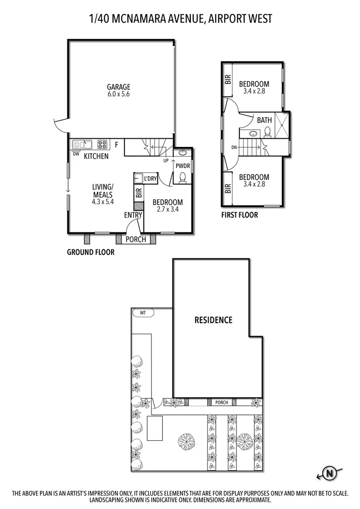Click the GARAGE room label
(118, 87)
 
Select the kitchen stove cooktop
(102, 144)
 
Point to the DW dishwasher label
(75, 154)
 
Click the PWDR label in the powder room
(182, 166)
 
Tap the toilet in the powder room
(182, 178)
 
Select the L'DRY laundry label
(150, 179)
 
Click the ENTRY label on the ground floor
(133, 215)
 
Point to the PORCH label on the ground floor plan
(136, 239)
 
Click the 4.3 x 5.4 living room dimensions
(102, 202)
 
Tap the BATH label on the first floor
(264, 120)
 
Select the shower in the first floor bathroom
(282, 125)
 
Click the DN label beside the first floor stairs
(234, 147)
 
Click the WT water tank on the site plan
(143, 313)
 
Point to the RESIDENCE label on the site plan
(213, 320)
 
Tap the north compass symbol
(330, 473)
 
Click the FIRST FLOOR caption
(239, 215)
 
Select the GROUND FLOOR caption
(90, 252)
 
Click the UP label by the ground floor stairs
(166, 160)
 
